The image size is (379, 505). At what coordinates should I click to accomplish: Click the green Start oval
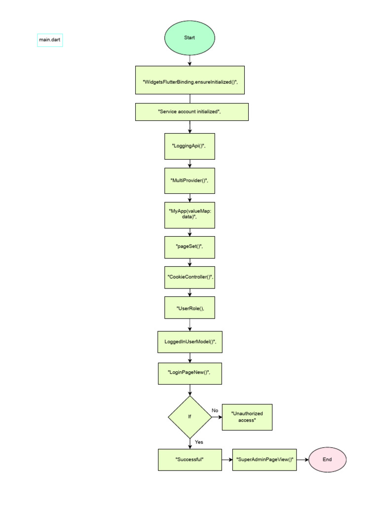[189, 37]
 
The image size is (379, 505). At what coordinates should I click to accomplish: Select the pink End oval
[328, 460]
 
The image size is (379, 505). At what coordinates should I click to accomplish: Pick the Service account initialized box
[192, 112]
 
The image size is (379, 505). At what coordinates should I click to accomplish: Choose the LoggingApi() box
[189, 146]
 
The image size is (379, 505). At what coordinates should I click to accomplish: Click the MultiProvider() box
[189, 180]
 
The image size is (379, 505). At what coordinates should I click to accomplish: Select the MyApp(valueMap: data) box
[189, 215]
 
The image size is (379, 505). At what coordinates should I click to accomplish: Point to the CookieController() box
[189, 277]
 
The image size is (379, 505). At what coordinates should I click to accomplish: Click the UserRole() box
[189, 308]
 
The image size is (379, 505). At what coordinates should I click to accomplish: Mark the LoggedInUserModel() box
[190, 342]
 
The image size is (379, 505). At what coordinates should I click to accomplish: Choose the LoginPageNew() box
[190, 374]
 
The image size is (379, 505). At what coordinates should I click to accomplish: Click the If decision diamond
[189, 417]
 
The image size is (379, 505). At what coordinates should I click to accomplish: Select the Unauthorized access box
[247, 417]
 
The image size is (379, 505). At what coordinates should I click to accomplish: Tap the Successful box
[190, 460]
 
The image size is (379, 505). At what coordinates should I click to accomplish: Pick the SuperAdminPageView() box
[265, 460]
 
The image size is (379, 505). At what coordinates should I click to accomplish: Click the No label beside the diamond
[215, 410]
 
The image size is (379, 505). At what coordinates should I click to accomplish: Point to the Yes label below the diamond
[199, 442]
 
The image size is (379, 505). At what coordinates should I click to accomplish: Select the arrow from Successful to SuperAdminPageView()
[227, 460]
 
